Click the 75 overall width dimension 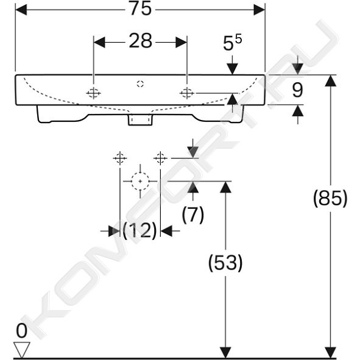click(141, 9)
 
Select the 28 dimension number click(141, 41)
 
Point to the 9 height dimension click(297, 90)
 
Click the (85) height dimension click(330, 199)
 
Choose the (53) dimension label click(225, 263)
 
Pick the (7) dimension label click(193, 214)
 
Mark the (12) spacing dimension click(140, 230)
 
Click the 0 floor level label click(21, 331)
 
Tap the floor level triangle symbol click(22, 350)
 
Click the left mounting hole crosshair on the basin click(93, 93)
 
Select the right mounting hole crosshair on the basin click(187, 93)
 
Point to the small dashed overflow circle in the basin click(140, 84)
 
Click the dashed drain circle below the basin click(140, 181)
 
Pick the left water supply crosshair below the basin click(120, 158)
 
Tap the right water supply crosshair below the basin click(160, 158)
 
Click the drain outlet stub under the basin click(140, 119)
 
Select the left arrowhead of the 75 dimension click(21, 10)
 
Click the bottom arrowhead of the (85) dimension click(331, 353)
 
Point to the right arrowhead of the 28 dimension click(182, 42)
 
